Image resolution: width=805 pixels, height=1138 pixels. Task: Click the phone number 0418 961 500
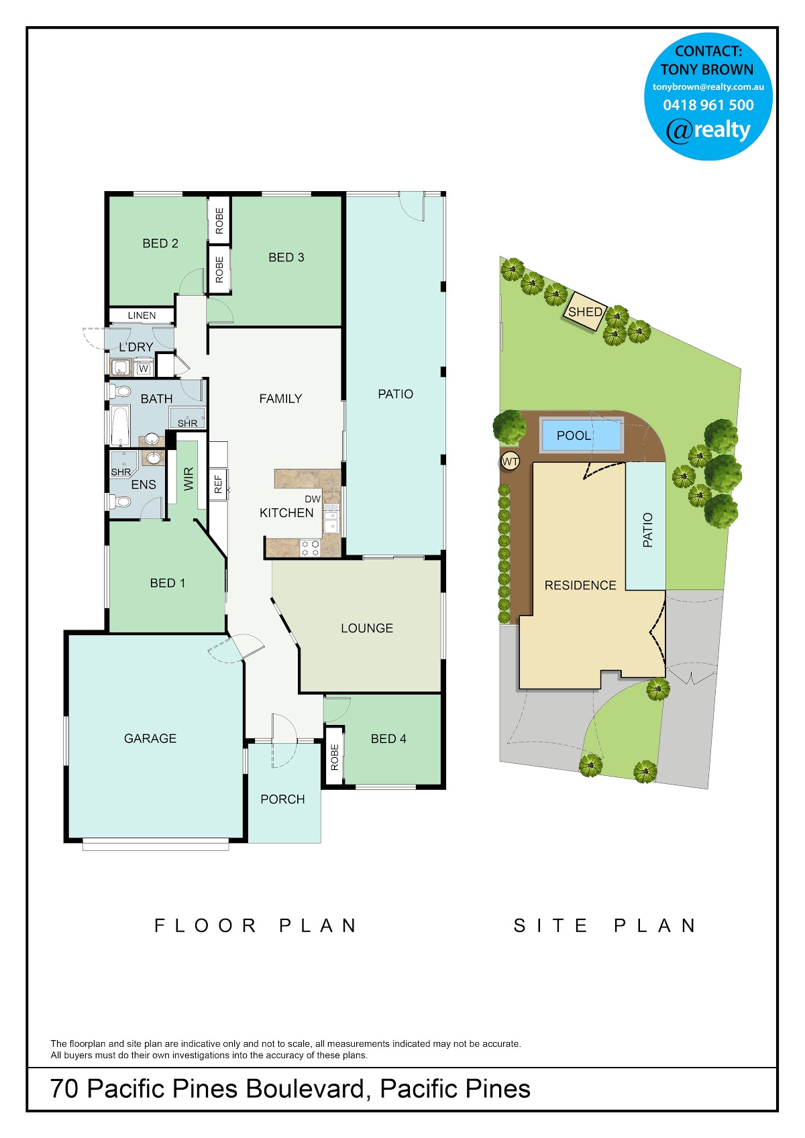pyautogui.click(x=708, y=105)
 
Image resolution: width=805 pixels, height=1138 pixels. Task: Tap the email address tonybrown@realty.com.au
pyautogui.click(x=708, y=87)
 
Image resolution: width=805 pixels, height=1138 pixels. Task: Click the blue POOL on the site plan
pyautogui.click(x=582, y=435)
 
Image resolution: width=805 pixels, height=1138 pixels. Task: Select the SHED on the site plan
pyautogui.click(x=584, y=311)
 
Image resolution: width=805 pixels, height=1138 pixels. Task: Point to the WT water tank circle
pyautogui.click(x=510, y=461)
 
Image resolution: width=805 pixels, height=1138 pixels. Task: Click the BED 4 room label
pyautogui.click(x=388, y=739)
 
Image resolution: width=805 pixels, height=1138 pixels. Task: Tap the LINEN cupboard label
pyautogui.click(x=142, y=315)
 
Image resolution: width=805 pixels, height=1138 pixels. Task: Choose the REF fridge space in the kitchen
pyautogui.click(x=219, y=484)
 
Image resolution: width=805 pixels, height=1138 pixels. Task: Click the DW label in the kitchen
pyautogui.click(x=313, y=499)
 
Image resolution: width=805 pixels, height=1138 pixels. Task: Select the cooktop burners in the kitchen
pyautogui.click(x=310, y=548)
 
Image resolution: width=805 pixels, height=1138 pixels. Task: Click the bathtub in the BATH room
pyautogui.click(x=120, y=426)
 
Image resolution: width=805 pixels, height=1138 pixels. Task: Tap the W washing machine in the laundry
pyautogui.click(x=144, y=368)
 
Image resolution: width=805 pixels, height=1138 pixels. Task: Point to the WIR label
pyautogui.click(x=189, y=479)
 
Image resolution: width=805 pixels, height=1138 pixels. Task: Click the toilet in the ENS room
pyautogui.click(x=120, y=502)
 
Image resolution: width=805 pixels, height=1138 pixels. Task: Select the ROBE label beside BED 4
pyautogui.click(x=334, y=757)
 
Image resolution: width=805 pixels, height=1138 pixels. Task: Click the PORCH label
pyautogui.click(x=282, y=799)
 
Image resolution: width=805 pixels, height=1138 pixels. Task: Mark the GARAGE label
pyautogui.click(x=150, y=738)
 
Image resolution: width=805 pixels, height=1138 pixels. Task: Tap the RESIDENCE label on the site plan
pyautogui.click(x=580, y=585)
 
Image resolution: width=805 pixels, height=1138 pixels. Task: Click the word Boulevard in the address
pyautogui.click(x=305, y=1089)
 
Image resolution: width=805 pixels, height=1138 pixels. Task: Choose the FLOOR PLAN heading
pyautogui.click(x=256, y=925)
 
